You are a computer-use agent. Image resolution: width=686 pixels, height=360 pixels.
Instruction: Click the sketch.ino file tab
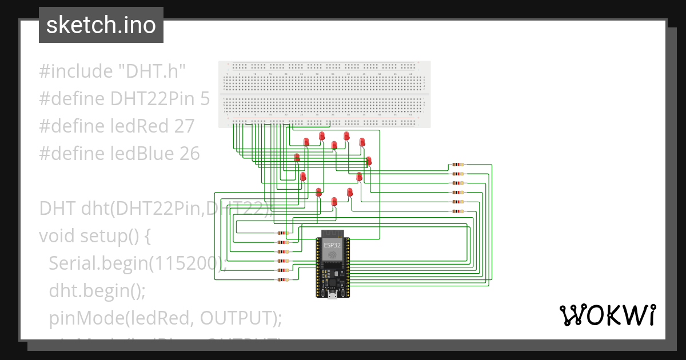pos(101,25)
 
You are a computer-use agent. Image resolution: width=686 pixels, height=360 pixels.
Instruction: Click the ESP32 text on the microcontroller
pos(331,245)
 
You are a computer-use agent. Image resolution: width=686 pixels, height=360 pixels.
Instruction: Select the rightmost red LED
pos(369,161)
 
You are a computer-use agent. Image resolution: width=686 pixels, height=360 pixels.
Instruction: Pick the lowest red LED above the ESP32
pos(334,202)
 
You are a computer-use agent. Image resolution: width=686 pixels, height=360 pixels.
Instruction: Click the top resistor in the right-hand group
pos(457,165)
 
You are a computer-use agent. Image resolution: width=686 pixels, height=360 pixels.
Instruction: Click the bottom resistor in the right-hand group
pos(457,211)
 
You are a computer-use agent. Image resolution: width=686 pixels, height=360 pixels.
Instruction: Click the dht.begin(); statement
pos(97,290)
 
